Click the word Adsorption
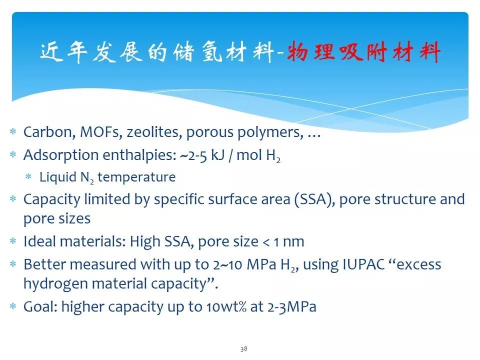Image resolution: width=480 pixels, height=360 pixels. (x=61, y=155)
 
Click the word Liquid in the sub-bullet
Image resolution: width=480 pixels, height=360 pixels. (x=58, y=177)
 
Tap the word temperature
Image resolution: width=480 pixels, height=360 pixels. (x=136, y=177)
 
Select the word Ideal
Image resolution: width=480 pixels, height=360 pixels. (x=41, y=241)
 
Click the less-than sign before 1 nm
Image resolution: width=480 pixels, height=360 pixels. (x=266, y=242)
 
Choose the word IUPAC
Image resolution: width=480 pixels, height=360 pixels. (x=364, y=264)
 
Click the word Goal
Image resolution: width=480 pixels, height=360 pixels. (x=40, y=306)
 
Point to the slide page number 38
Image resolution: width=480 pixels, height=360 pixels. (x=243, y=349)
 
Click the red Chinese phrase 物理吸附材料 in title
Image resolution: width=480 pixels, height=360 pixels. (x=363, y=51)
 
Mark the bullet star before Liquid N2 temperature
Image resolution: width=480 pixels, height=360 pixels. (x=28, y=176)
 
